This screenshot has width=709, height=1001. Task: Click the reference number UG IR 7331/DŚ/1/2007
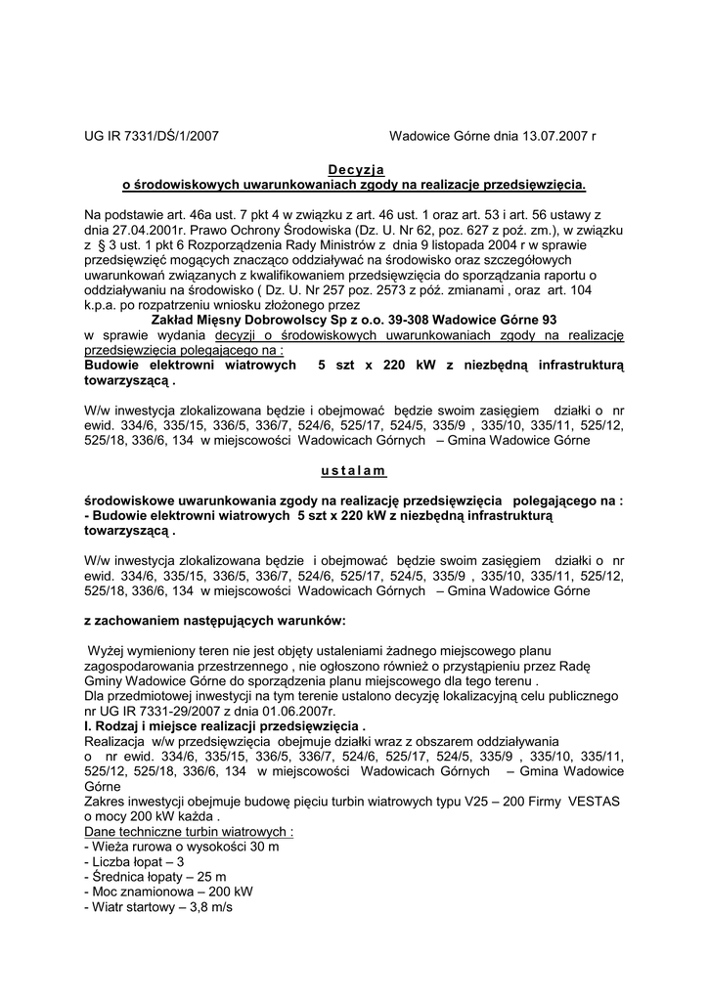point(152,137)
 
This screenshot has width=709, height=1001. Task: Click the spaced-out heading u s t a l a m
point(353,470)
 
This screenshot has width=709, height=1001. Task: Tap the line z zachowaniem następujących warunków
point(215,620)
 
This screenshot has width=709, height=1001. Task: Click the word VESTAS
point(590,802)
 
